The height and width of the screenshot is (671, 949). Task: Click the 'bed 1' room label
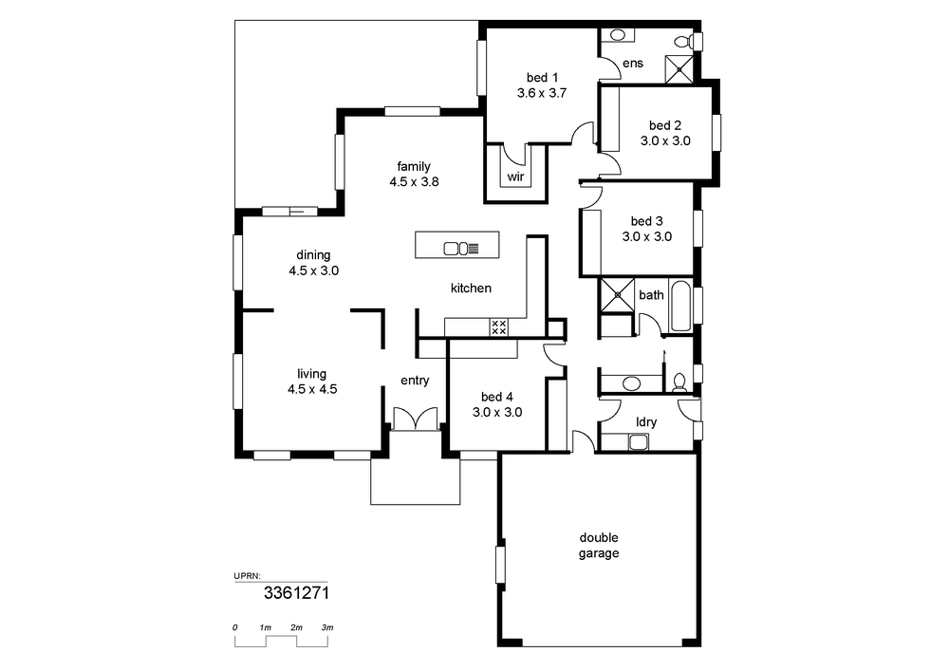pos(542,78)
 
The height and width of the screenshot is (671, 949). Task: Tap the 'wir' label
pos(515,177)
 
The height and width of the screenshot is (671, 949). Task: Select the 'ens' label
pos(633,64)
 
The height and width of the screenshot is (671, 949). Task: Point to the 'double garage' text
pos(599,545)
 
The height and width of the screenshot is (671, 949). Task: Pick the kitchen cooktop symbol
pos(499,326)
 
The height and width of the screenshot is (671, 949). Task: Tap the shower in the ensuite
pos(679,69)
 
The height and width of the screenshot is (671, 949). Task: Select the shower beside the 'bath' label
pos(617,294)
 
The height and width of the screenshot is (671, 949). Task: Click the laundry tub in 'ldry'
pos(639,442)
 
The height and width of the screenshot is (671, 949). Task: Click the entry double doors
pos(416,419)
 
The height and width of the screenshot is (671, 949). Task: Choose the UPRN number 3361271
pos(296,593)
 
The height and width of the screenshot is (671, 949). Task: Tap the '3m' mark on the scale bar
pos(327,627)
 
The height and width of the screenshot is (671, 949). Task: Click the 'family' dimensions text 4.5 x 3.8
pos(414,181)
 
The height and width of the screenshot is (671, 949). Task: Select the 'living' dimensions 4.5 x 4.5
pos(312,389)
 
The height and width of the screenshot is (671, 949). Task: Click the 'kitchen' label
pos(471,289)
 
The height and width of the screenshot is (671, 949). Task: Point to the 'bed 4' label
pos(497,397)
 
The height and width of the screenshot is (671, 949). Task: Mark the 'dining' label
pos(313,255)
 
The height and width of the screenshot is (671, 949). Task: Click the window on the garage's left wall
pos(500,565)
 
